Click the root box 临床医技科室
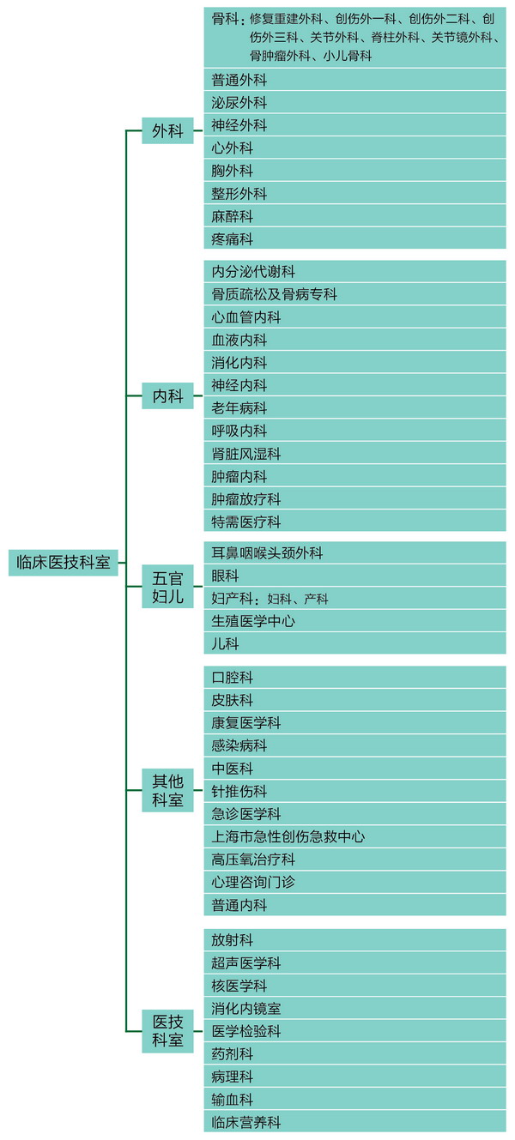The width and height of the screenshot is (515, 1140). (x=64, y=562)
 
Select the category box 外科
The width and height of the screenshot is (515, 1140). (x=167, y=130)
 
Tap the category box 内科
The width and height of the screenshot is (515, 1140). (x=167, y=395)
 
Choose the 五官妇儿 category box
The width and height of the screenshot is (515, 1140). (x=167, y=586)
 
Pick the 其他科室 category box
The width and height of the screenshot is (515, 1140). (x=167, y=790)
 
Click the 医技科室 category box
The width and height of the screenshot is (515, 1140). (x=167, y=1031)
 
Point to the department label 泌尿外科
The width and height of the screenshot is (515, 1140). (x=239, y=102)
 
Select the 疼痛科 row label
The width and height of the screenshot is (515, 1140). (x=233, y=238)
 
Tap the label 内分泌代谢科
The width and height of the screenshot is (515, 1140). (x=253, y=271)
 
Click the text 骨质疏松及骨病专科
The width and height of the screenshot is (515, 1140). (x=274, y=294)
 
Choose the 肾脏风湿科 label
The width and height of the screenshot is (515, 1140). (x=246, y=454)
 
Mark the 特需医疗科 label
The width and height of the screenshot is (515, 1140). (x=246, y=522)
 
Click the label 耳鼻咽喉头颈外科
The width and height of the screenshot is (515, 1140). (x=267, y=552)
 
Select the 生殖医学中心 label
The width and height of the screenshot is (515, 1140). (x=253, y=621)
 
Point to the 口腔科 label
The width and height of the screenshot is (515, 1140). (x=233, y=678)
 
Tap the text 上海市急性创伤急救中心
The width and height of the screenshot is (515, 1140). (x=288, y=836)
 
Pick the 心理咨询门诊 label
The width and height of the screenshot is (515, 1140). (x=253, y=882)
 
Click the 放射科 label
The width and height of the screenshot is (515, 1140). (x=233, y=940)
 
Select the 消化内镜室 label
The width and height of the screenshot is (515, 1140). (x=246, y=1008)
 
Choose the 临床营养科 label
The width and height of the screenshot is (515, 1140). (x=246, y=1122)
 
